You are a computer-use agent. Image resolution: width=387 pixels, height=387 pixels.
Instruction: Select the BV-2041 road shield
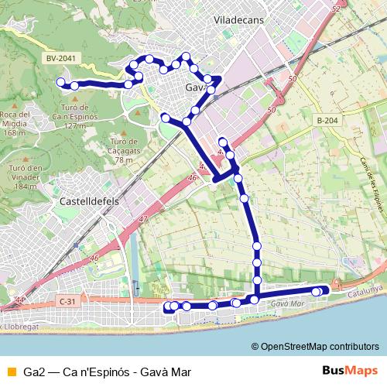tap(60, 57)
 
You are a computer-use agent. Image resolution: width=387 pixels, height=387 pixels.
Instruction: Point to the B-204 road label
tap(328, 122)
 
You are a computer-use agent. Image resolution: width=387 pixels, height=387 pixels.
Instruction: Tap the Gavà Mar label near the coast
tap(286, 303)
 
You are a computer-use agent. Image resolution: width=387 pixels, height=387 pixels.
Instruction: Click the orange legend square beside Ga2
tap(10, 371)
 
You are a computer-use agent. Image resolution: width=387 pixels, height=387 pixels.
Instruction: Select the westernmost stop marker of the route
tap(60, 82)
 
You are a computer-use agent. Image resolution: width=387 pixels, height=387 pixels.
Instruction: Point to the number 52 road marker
tap(334, 9)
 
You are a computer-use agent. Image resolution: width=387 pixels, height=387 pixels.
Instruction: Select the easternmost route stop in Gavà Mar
tap(324, 290)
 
